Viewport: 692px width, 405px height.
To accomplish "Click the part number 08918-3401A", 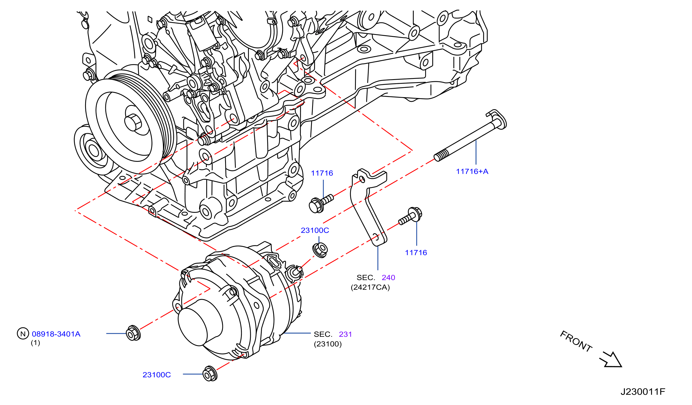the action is [x=56, y=334].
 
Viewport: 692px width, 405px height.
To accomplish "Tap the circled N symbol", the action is [x=23, y=333].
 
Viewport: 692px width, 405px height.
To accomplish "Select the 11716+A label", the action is [x=472, y=172].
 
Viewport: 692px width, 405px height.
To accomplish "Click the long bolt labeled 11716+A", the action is [x=470, y=135].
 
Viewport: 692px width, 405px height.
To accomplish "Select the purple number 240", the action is [x=388, y=278].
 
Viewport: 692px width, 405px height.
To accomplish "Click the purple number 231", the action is [x=345, y=334].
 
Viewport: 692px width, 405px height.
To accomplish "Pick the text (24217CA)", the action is [x=370, y=287].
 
